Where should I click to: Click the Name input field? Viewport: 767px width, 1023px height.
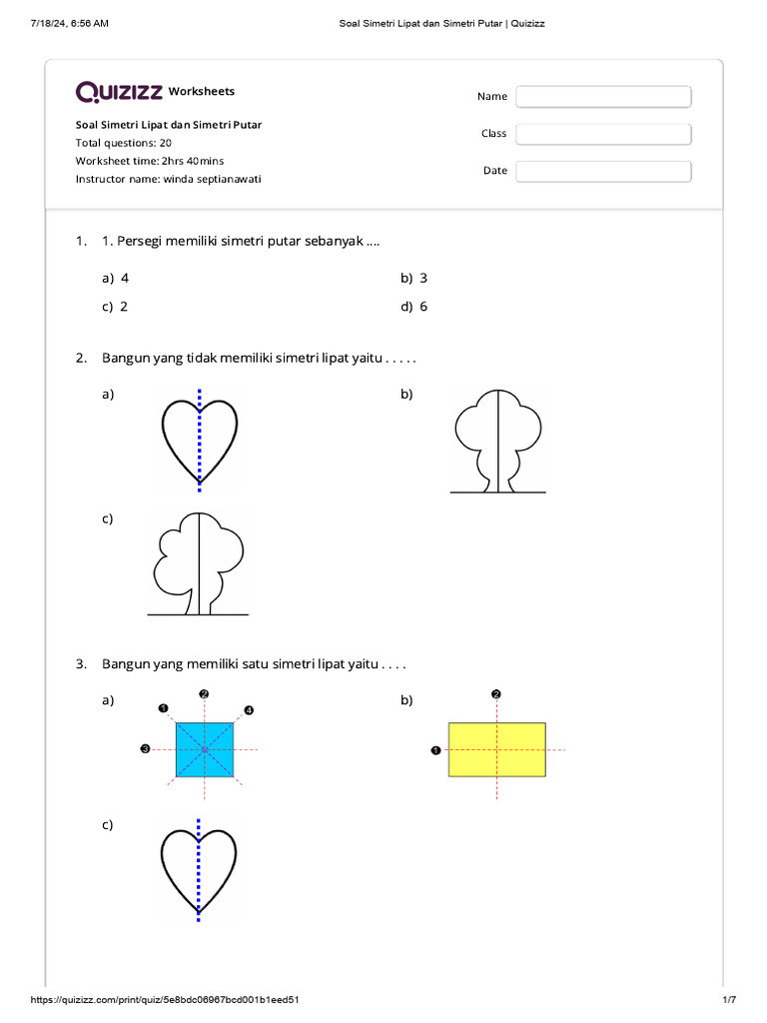pyautogui.click(x=603, y=96)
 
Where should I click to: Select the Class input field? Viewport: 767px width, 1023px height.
pyautogui.click(x=603, y=134)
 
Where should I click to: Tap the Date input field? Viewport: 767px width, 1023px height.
pyautogui.click(x=603, y=171)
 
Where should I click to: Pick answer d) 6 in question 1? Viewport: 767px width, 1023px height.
pyautogui.click(x=414, y=307)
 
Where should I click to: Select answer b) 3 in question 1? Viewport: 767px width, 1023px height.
pyautogui.click(x=414, y=279)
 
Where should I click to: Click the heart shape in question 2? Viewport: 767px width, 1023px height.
pyautogui.click(x=200, y=441)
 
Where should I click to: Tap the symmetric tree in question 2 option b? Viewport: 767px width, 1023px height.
pyautogui.click(x=498, y=440)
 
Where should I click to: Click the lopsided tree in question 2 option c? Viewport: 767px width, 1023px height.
pyautogui.click(x=199, y=564)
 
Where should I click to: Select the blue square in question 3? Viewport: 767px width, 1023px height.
pyautogui.click(x=205, y=749)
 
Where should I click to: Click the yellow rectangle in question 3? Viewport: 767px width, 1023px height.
pyautogui.click(x=496, y=749)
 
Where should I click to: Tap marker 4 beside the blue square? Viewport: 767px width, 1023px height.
pyautogui.click(x=249, y=710)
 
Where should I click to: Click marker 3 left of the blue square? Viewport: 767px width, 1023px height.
pyautogui.click(x=146, y=749)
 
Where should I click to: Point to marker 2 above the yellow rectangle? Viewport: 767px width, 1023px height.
pyautogui.click(x=496, y=693)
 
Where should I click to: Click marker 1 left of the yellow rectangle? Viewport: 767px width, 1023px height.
pyautogui.click(x=435, y=750)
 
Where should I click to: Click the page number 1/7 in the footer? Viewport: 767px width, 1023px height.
pyautogui.click(x=728, y=999)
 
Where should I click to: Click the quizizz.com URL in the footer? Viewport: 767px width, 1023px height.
pyautogui.click(x=166, y=999)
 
